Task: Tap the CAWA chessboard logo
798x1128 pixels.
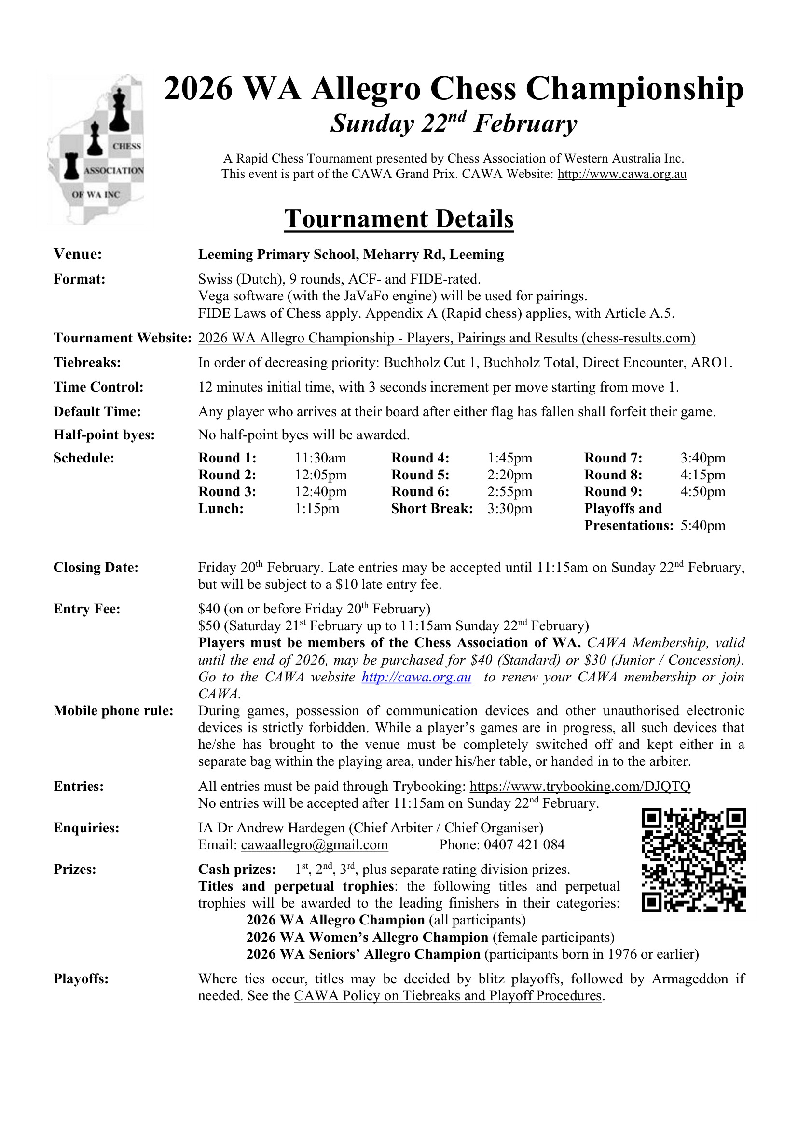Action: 96,150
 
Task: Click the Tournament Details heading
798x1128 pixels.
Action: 399,219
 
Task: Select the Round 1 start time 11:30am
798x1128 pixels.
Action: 320,458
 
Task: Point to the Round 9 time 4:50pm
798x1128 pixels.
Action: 702,492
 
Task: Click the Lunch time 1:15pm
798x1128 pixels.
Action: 317,508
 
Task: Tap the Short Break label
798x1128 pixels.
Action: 432,508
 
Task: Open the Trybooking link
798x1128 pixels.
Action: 580,786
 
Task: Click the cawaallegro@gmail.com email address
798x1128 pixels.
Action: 315,844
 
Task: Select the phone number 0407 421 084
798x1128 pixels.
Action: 524,844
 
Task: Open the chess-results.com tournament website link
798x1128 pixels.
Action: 447,338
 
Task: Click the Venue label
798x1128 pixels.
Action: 78,254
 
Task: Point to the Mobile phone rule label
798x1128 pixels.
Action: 113,710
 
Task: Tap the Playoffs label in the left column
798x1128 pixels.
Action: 81,979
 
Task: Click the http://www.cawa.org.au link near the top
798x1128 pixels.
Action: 621,174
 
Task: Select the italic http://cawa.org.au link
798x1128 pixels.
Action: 416,677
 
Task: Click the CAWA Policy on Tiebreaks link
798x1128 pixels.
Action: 448,995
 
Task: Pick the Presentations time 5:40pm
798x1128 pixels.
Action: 702,525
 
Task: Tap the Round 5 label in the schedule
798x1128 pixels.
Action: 420,475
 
